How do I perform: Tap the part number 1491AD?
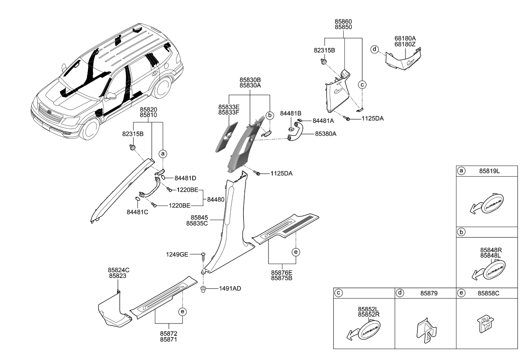pyautogui.click(x=230, y=288)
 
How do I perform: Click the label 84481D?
pyautogui.click(x=185, y=178)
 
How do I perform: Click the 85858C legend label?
pyautogui.click(x=491, y=293)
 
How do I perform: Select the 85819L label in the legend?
pyautogui.click(x=490, y=171)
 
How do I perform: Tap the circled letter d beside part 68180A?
pyautogui.click(x=374, y=49)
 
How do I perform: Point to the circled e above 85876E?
pyautogui.click(x=296, y=252)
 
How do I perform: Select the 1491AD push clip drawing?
pyautogui.click(x=204, y=290)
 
